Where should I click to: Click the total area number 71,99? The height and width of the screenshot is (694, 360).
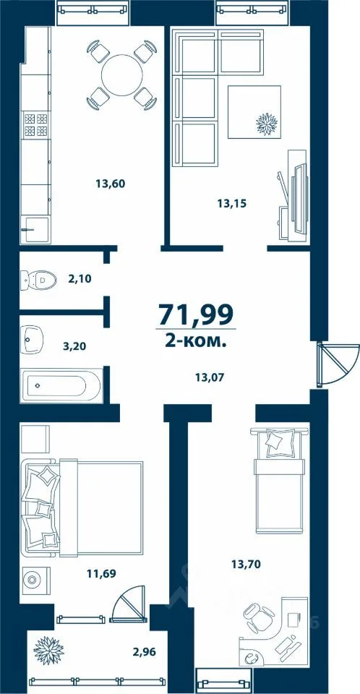pos(196,315)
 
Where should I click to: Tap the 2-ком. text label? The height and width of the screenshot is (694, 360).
pos(196,340)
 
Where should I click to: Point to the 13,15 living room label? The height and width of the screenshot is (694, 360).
pos(231,204)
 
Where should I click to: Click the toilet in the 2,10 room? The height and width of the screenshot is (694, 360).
pos(39,279)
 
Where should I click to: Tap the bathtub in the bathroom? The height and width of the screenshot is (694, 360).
pos(61,385)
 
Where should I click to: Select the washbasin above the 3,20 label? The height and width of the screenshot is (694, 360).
pos(31,340)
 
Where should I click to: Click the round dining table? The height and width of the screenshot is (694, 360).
pos(122,74)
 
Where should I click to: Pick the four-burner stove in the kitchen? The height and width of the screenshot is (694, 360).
pos(35,124)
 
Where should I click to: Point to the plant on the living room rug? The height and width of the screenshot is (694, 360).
pos(267,124)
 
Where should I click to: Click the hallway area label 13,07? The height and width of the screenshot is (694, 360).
pos(209,377)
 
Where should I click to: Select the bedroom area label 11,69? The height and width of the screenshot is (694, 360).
pos(101,574)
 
